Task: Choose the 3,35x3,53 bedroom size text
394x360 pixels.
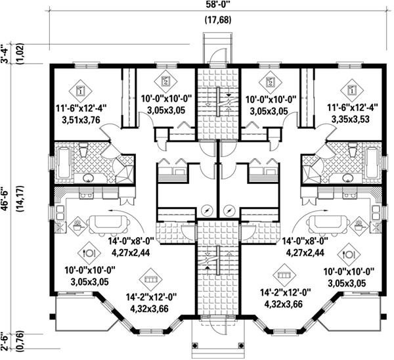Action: (345, 120)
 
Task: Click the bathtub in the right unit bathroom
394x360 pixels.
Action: (372, 162)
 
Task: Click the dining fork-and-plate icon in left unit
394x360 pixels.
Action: (87, 252)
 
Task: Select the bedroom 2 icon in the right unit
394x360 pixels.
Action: (270, 83)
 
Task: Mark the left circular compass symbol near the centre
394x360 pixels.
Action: (208, 211)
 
